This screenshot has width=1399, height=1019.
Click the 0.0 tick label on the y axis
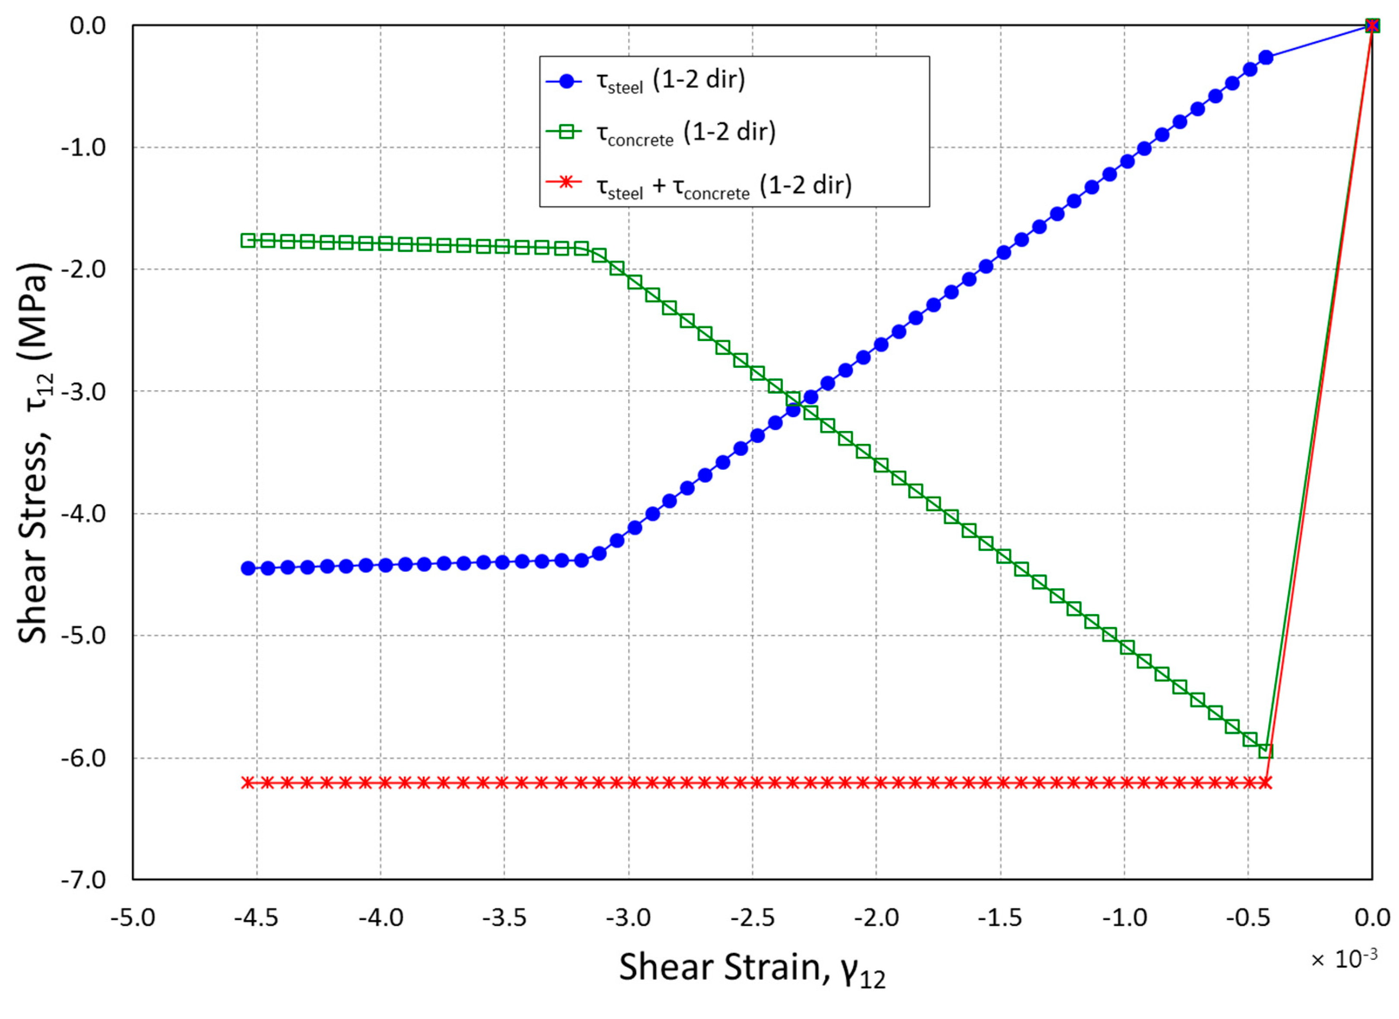point(88,26)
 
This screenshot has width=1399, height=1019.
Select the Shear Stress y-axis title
point(34,453)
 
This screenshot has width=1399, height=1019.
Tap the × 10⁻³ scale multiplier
point(1343,959)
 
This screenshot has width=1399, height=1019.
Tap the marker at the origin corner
point(1372,25)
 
